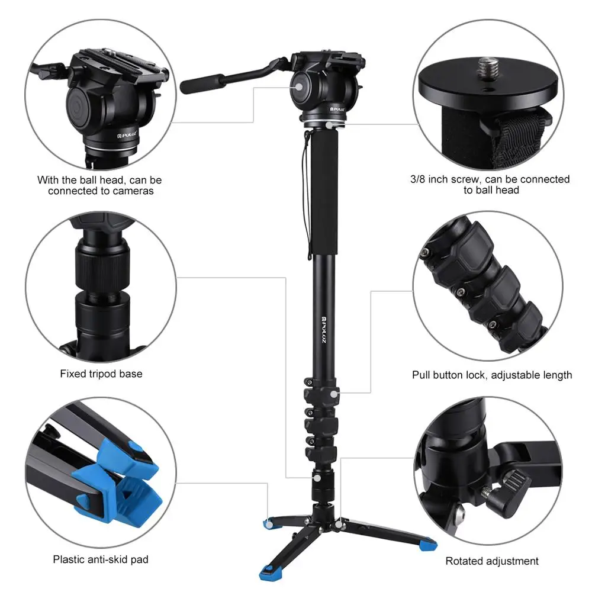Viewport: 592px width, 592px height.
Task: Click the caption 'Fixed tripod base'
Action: pos(101,374)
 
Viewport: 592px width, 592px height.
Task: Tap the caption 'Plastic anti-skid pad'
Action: pos(101,559)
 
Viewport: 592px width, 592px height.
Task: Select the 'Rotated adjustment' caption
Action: pos(492,561)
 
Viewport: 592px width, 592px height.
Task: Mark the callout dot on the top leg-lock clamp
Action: pos(335,393)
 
